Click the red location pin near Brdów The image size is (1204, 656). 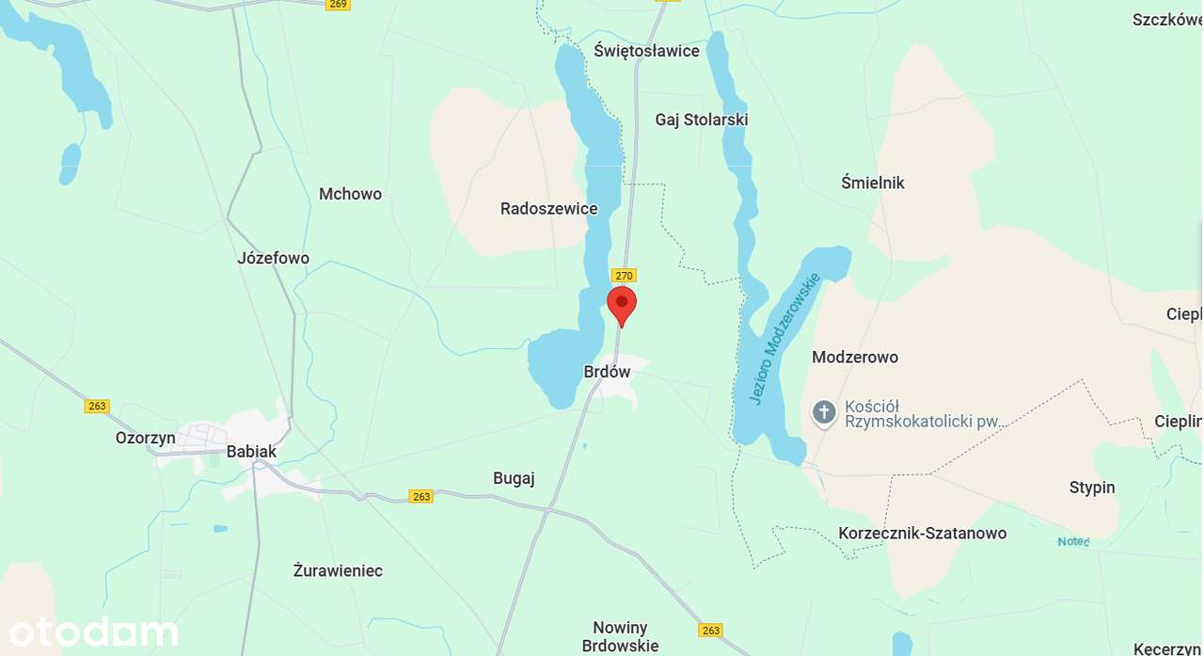point(622,304)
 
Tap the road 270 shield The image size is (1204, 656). point(624,275)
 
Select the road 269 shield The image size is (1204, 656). point(339,4)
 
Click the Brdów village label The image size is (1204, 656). point(607,372)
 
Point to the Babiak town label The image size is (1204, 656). point(251,452)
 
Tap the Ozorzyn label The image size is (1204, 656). point(146,438)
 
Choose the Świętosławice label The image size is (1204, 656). point(646,51)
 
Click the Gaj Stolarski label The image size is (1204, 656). point(702,120)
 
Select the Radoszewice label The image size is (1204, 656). point(548,209)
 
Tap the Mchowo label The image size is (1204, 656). point(350,194)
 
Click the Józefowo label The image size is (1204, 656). point(273,258)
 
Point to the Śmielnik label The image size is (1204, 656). point(873,183)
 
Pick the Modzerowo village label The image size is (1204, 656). point(855,357)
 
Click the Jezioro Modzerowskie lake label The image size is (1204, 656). point(784,339)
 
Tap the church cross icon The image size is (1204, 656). point(824,412)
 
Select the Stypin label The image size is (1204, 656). point(1092,488)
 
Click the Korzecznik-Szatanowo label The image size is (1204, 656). point(922,534)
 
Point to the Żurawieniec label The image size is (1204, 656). point(338,570)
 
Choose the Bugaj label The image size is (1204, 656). point(514,478)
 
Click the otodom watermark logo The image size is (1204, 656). point(93,632)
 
